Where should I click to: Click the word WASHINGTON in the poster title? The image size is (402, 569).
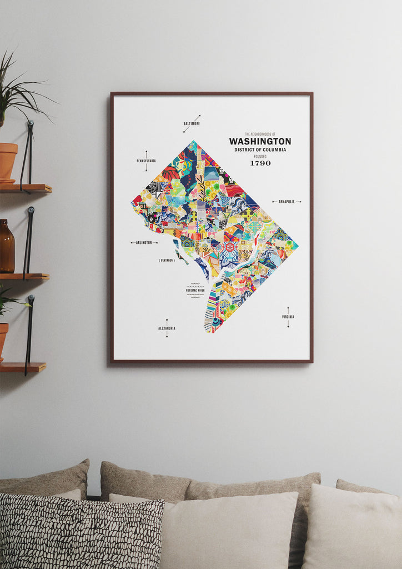(x=260, y=142)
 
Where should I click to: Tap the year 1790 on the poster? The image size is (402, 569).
(x=260, y=163)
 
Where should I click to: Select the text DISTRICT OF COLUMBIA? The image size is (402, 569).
(x=260, y=150)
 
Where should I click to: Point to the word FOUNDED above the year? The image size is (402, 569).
(x=260, y=156)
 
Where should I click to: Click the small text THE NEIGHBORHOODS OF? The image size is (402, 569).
(x=260, y=134)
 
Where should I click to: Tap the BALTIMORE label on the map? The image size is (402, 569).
(x=192, y=123)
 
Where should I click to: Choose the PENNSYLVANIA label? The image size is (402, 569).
(x=146, y=161)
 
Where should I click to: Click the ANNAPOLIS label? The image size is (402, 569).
(x=287, y=202)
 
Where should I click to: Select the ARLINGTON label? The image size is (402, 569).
(x=144, y=243)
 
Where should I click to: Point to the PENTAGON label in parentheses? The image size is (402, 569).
(x=167, y=260)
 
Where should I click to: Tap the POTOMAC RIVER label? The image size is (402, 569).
(x=195, y=290)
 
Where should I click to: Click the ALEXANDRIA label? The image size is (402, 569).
(x=167, y=328)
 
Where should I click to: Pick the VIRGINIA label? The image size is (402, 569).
(x=288, y=317)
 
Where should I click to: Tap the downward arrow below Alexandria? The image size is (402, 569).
(x=167, y=335)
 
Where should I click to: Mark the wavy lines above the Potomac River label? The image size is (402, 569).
(x=195, y=285)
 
